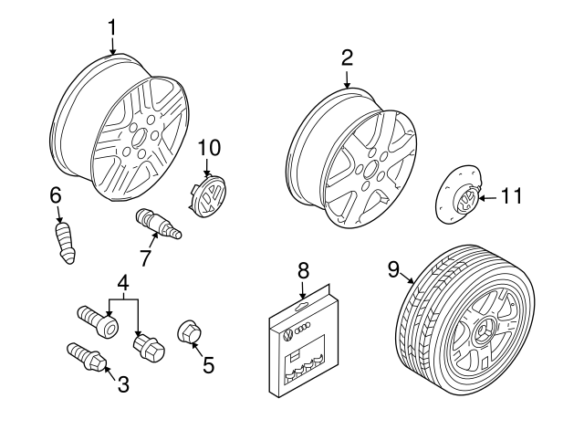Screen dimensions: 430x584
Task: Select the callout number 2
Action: [347, 58]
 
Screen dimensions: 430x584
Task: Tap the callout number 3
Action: [122, 384]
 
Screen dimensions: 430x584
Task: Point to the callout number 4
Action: [122, 283]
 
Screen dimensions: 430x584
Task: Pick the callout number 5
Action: [208, 365]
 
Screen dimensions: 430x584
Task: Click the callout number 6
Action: [56, 195]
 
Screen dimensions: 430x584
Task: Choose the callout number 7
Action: [145, 257]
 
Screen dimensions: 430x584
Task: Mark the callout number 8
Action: [304, 271]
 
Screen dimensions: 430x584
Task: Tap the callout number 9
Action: [393, 268]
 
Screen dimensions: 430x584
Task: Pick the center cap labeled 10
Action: [208, 195]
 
